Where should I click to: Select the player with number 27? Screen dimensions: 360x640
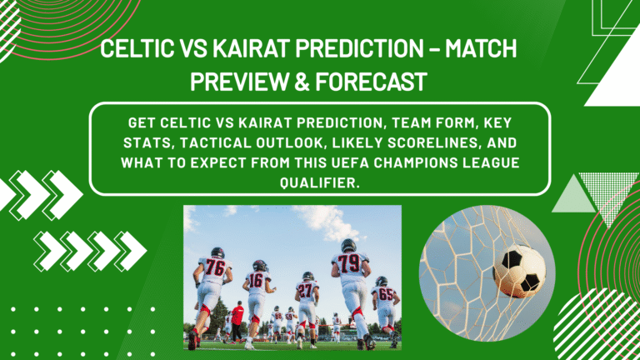(x=306, y=292)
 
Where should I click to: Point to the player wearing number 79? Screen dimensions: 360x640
(x=350, y=271)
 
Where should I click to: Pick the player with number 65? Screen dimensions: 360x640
(x=384, y=296)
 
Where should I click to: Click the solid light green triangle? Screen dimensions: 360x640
(x=572, y=197)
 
